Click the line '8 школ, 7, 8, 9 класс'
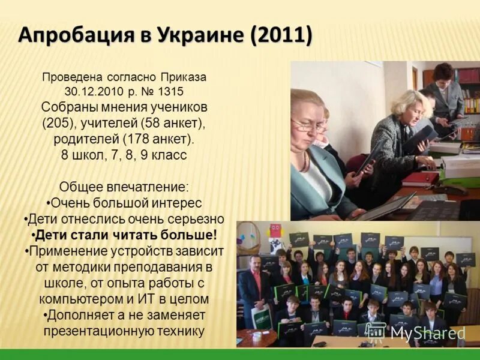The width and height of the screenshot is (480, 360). point(124,155)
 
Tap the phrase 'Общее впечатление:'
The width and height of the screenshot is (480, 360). point(124,187)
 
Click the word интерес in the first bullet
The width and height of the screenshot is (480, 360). point(174,202)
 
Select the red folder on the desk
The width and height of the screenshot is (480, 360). point(420,178)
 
